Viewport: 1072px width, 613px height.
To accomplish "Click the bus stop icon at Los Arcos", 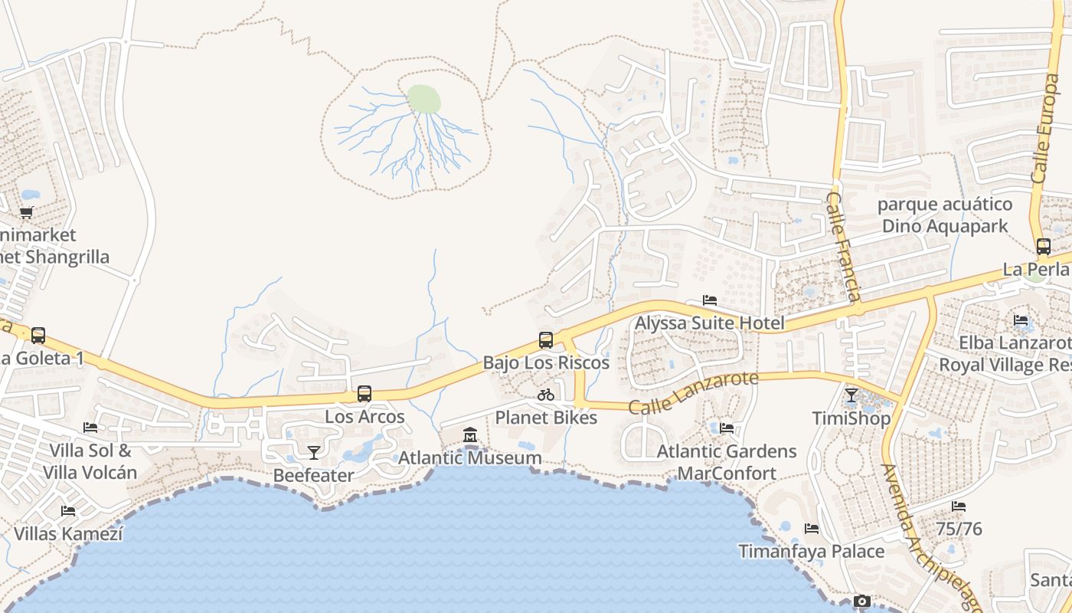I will coord(364,394).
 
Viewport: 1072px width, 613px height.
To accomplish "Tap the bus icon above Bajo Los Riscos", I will coord(546,339).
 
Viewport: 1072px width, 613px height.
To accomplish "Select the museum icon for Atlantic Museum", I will coord(470,435).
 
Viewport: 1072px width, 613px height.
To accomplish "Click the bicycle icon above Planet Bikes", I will coord(546,395).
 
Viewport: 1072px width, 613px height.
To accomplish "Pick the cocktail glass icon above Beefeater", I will coord(313,452).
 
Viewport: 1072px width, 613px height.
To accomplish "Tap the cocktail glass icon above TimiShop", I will coord(851,395).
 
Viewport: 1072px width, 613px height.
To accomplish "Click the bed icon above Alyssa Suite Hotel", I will coord(710,300).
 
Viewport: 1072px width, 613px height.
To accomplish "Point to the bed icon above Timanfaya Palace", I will coord(812,529).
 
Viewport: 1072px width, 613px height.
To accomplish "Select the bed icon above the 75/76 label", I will coord(959,506).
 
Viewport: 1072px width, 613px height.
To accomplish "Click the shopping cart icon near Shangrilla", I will coord(27,212).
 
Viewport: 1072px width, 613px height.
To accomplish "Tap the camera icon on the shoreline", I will coord(862,602).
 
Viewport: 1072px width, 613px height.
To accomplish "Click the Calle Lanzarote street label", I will coord(693,392).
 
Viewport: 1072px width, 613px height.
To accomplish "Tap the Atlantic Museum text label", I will coord(470,458).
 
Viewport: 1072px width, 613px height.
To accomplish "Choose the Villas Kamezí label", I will coord(68,533).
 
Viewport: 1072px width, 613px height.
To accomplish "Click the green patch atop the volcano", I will coord(423,99).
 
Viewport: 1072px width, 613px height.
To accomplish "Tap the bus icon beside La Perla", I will coord(1043,247).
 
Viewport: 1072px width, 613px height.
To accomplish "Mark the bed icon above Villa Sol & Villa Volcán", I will coord(90,428).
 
